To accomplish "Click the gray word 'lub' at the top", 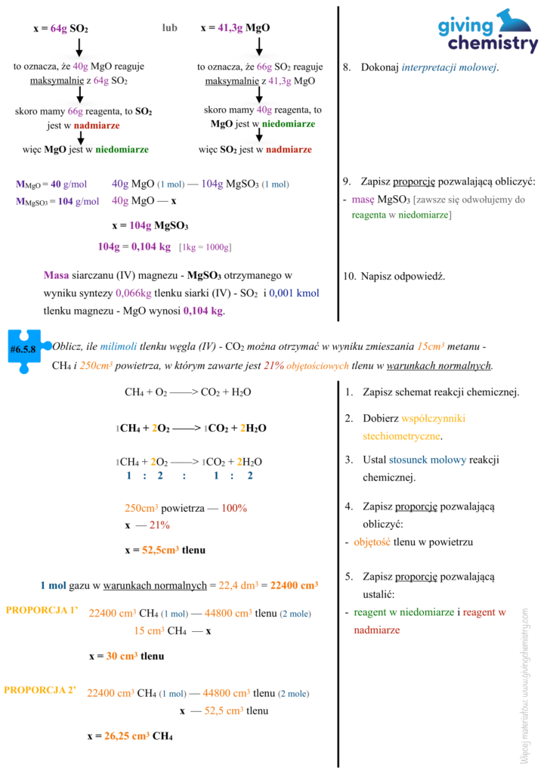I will coord(169,28).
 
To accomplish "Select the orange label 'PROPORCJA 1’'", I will coord(42,610).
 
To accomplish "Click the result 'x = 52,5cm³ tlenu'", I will coord(165,550).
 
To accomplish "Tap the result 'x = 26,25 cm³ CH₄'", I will coord(130,735).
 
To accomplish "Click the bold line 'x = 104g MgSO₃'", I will coord(150,225).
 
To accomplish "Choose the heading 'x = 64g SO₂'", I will coord(60,29).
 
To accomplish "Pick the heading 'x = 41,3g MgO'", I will coord(236,29).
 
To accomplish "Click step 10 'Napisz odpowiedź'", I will coord(394,277).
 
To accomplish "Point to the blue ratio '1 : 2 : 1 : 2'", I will coord(189,475).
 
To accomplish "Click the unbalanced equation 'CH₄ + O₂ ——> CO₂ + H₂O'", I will coord(187,392).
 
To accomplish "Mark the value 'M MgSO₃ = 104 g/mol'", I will coord(57,201).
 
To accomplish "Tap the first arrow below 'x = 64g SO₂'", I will coord(79,48).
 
